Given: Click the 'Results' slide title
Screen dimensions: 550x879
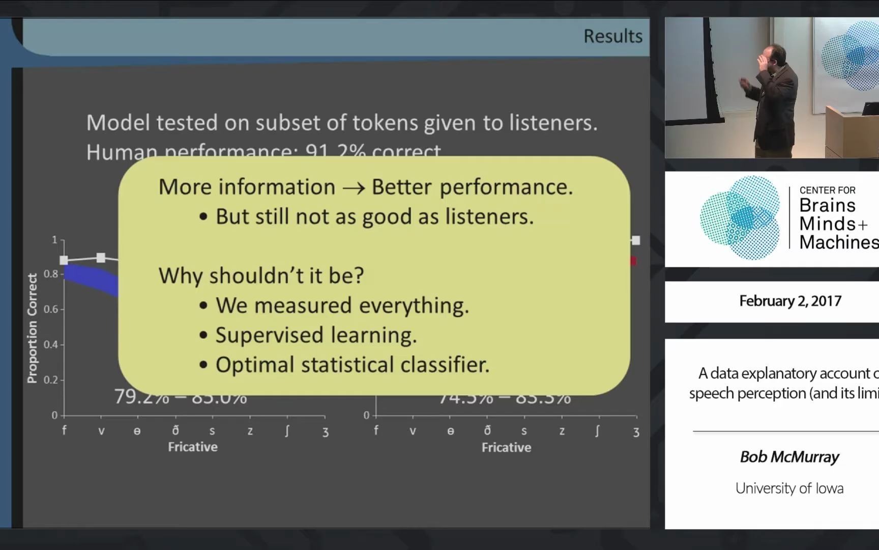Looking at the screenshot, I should tap(612, 36).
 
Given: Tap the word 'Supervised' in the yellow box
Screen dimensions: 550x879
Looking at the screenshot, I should tap(270, 335).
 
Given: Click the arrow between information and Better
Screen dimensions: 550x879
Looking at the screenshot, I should tap(354, 188).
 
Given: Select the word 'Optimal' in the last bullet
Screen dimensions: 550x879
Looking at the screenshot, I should tap(255, 365).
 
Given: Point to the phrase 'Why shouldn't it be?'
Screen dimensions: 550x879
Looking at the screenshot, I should tap(261, 276).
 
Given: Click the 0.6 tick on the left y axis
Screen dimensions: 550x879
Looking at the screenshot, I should tap(51, 309).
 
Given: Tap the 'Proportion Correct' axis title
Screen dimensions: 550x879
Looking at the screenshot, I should tap(32, 328).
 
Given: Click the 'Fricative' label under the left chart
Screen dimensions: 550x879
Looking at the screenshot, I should tap(193, 447).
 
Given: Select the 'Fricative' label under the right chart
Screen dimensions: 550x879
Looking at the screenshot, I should tap(506, 447).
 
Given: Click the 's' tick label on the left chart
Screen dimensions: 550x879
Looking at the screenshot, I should tap(212, 431).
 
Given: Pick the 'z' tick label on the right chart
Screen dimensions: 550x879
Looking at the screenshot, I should tap(562, 431).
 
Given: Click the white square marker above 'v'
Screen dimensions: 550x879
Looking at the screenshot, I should tap(101, 258).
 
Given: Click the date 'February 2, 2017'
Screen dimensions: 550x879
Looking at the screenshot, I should tap(790, 301).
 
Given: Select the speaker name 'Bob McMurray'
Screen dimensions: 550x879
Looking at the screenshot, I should tap(789, 457).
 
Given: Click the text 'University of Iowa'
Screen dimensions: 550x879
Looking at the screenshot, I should tap(789, 488).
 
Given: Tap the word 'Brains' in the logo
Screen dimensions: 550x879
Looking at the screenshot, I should tap(827, 205).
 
